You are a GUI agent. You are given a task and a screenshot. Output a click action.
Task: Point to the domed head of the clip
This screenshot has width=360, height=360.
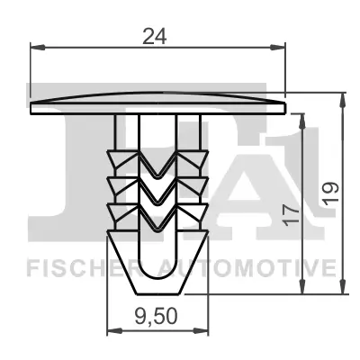tap(157, 98)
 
